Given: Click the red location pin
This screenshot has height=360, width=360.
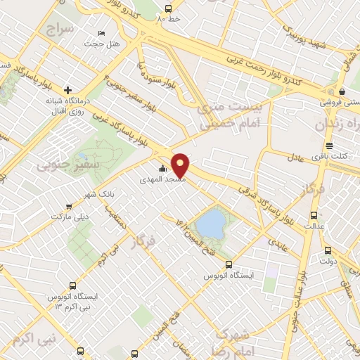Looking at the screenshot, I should (x=181, y=165).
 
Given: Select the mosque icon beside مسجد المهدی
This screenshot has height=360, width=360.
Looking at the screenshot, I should (x=163, y=169).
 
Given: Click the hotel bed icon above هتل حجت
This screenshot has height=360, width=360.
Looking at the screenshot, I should (x=101, y=34).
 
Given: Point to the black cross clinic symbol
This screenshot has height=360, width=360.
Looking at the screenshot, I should (x=67, y=89).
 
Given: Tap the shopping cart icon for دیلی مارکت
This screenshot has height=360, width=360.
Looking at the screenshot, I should (x=68, y=207).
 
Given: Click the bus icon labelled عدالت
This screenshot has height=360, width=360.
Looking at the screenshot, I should (x=314, y=216).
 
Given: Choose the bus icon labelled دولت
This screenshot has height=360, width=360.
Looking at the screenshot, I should (x=328, y=250).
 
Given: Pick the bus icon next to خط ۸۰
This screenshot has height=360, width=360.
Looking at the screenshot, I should (x=167, y=8).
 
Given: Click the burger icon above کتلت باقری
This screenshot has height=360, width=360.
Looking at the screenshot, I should (x=329, y=146).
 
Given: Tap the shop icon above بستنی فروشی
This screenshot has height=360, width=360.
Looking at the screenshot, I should (x=341, y=91).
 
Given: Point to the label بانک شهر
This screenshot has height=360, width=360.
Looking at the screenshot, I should (x=98, y=193).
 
